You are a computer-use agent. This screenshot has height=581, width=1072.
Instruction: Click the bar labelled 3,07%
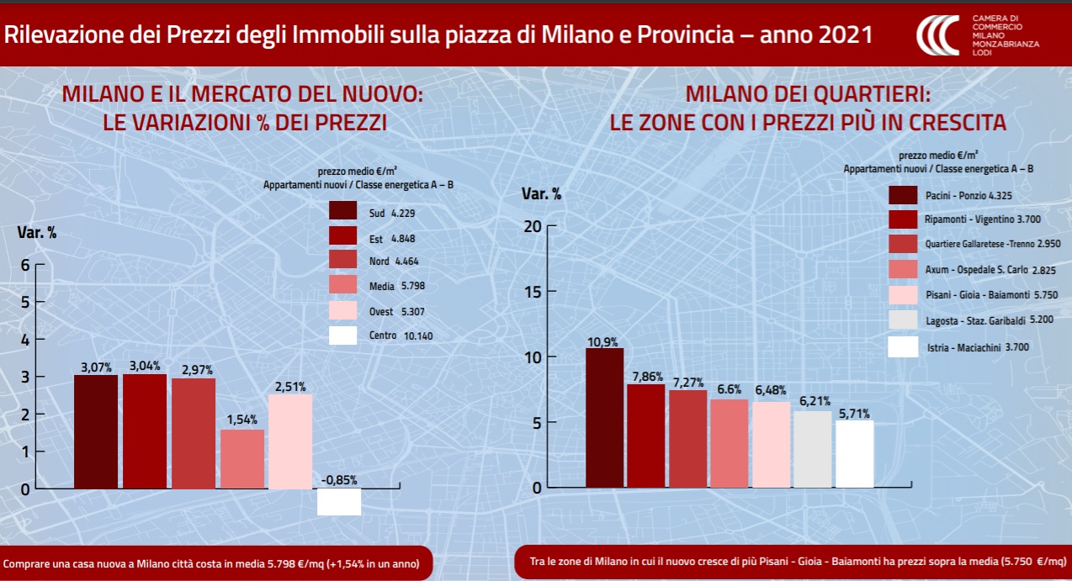click(x=96, y=431)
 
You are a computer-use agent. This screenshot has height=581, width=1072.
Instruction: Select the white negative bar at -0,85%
click(x=339, y=501)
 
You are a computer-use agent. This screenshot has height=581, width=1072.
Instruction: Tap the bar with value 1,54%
click(x=241, y=459)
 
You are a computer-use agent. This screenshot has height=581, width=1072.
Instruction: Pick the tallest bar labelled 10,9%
click(x=604, y=418)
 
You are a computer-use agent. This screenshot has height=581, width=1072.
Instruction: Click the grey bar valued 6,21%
click(x=813, y=449)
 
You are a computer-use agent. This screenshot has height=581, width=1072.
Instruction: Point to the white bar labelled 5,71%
click(x=854, y=454)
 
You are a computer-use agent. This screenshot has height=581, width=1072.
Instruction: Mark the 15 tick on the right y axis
click(x=533, y=291)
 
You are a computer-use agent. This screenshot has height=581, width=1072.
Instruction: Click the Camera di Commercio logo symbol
click(x=937, y=35)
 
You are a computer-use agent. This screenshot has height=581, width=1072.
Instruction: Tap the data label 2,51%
click(x=290, y=387)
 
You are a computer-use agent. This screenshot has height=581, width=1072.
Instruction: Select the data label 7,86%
click(x=645, y=377)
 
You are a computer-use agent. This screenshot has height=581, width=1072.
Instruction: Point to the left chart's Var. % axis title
click(x=37, y=233)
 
